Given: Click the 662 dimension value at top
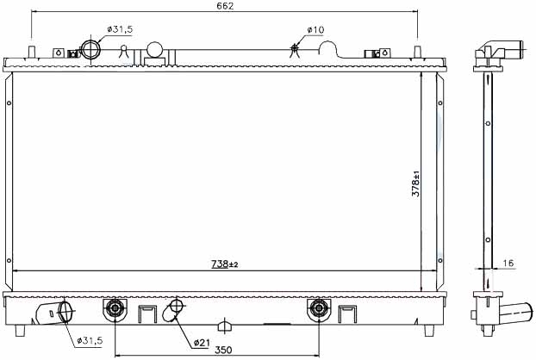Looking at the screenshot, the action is coord(225,6).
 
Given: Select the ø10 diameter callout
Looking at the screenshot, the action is coord(315,30).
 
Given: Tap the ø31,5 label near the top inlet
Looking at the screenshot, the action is coord(120,29).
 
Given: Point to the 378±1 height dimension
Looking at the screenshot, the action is coord(415,183).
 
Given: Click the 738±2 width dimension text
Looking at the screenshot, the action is coord(224,264).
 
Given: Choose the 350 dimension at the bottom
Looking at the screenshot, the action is coord(223,350).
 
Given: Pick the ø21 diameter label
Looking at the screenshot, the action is coord(202,343).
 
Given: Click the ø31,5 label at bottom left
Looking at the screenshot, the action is coord(90,340).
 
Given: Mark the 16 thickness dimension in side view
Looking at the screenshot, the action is coord(508,263).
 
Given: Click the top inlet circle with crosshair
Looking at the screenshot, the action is coord(91,50).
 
